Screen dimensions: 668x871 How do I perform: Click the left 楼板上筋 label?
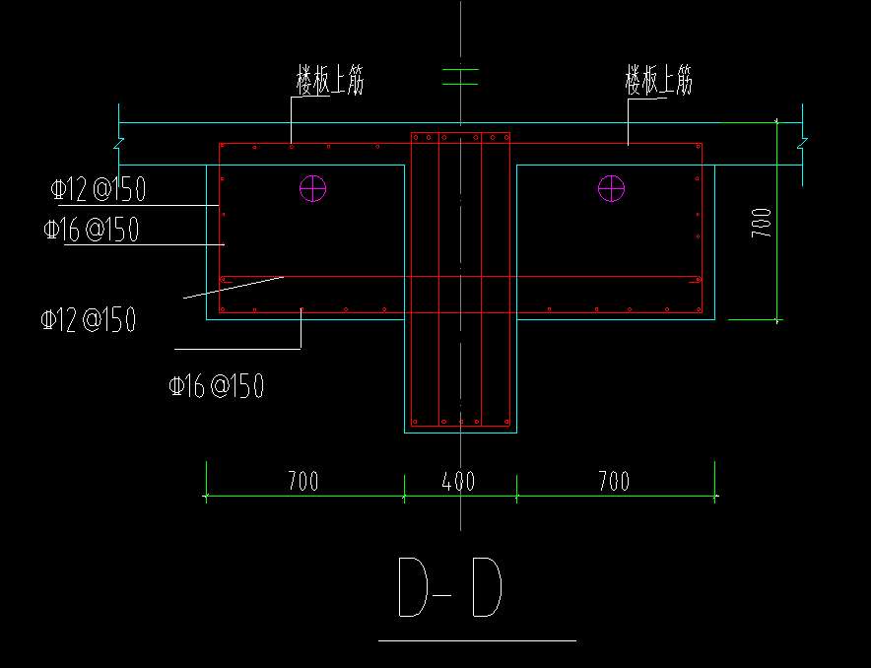click(330, 81)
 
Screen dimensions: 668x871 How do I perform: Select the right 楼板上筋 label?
click(658, 81)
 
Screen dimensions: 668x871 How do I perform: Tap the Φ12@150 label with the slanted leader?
click(88, 320)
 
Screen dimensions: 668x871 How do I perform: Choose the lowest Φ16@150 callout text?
click(216, 386)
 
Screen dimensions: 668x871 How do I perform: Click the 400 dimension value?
click(458, 482)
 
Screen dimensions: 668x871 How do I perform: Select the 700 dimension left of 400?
click(302, 482)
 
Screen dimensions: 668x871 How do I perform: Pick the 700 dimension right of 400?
click(613, 482)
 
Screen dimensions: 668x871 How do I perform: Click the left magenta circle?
click(313, 187)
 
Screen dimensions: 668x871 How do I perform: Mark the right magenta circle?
click(612, 187)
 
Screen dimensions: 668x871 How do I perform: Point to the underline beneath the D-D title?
click(477, 640)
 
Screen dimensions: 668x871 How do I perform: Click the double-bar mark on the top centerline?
click(460, 77)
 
